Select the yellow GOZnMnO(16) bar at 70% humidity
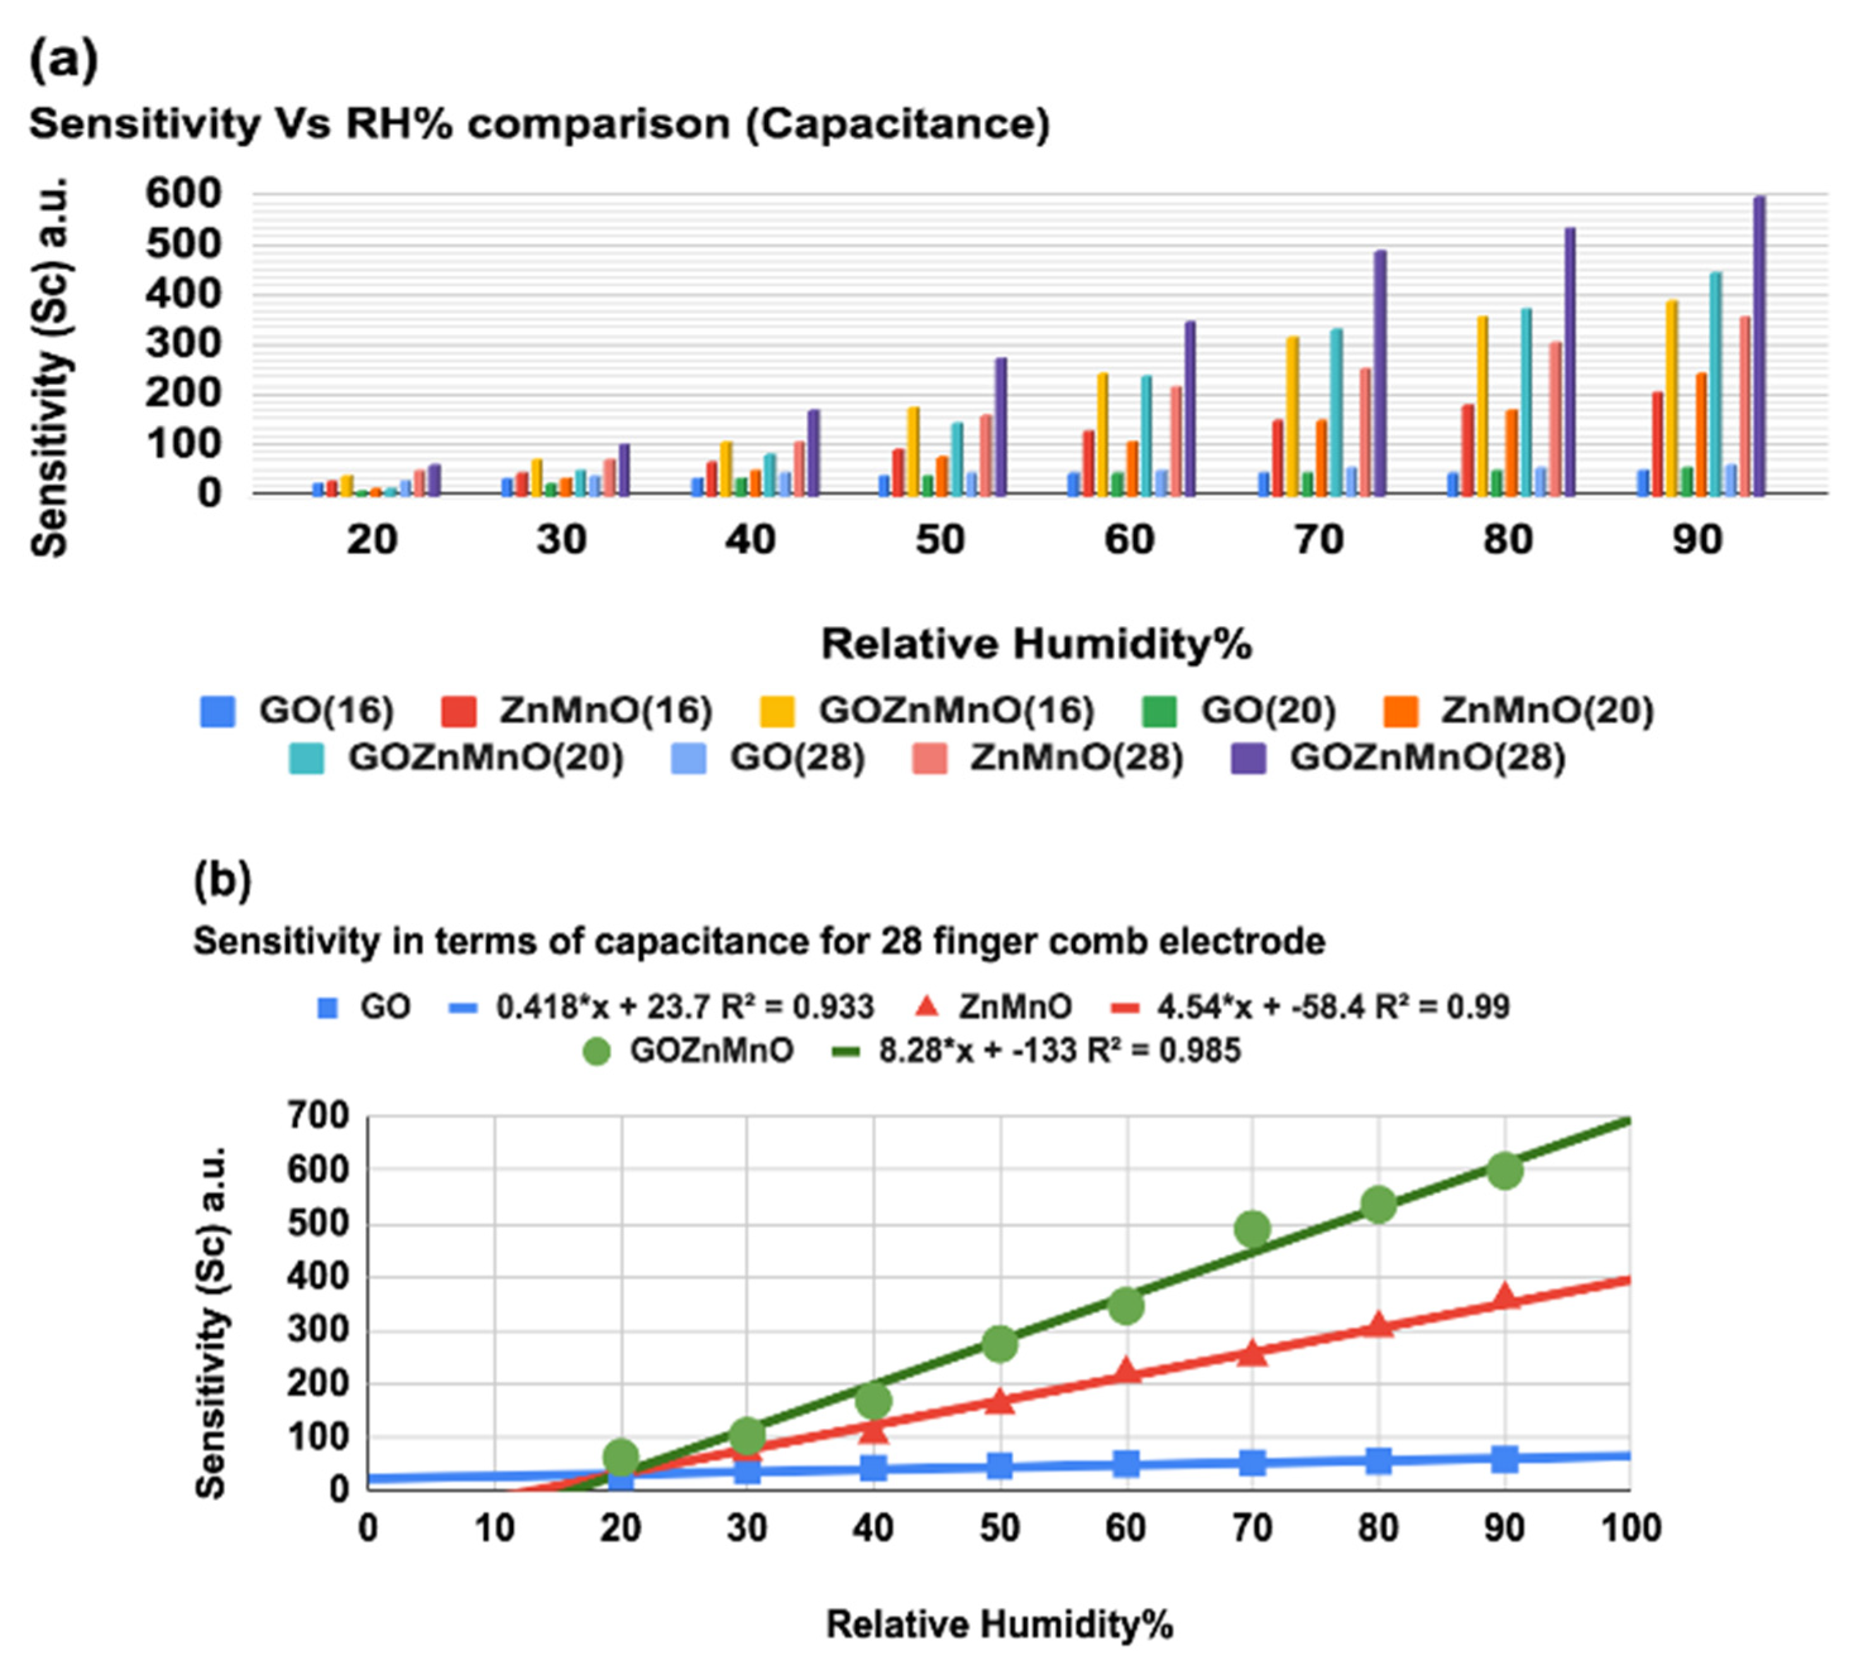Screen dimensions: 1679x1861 coord(1292,416)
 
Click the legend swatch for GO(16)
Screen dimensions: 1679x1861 coord(217,711)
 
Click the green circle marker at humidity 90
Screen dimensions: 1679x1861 coord(1504,1170)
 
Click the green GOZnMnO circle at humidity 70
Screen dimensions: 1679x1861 coord(1252,1229)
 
